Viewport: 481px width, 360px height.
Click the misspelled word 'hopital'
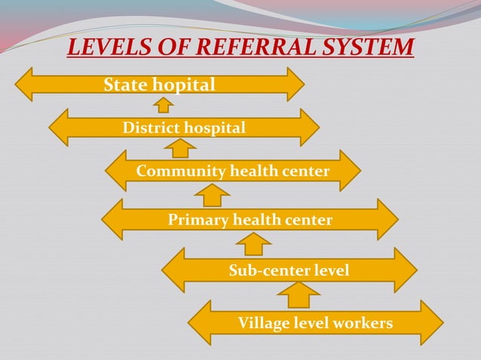[x=185, y=84]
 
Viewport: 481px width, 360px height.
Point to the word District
[x=149, y=128]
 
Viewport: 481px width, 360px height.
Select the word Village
[x=263, y=323]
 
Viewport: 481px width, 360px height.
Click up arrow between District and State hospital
[x=162, y=104]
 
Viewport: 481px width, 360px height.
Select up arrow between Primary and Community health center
[x=212, y=195]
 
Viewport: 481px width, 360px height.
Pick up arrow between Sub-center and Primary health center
[x=254, y=243]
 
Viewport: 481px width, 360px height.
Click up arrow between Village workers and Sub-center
[x=299, y=294]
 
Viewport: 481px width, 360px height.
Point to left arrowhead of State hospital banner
[x=25, y=84]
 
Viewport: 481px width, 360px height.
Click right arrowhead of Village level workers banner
[x=433, y=323]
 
